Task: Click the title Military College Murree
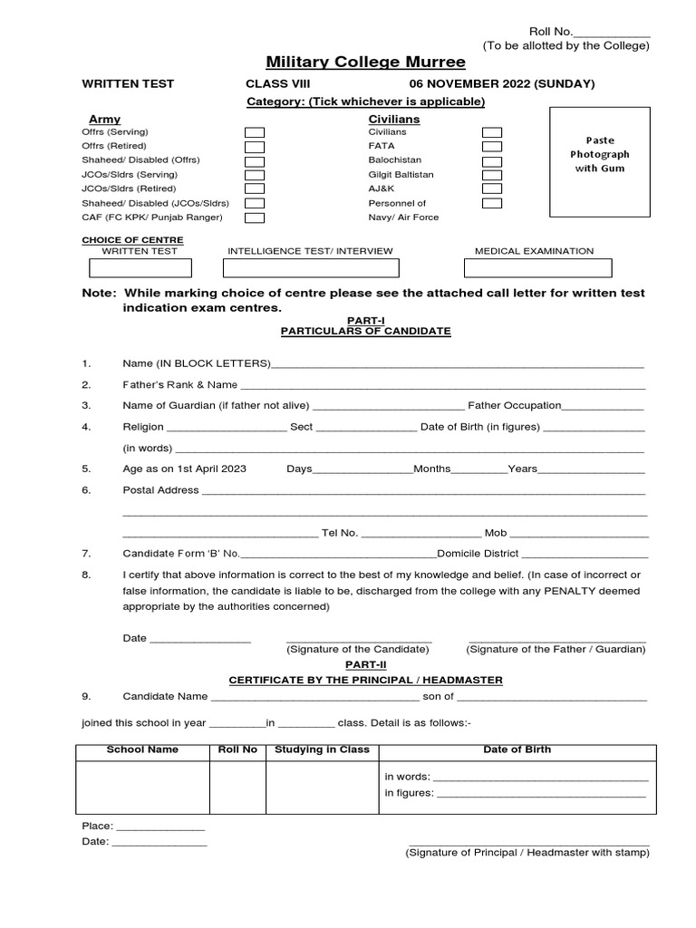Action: pos(365,63)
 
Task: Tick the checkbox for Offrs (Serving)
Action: pos(255,132)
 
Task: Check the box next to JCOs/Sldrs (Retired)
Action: pos(255,188)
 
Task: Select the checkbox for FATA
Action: pos(492,146)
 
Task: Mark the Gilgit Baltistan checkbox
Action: pos(492,174)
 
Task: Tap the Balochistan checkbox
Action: pos(492,160)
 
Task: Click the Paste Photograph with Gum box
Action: pos(599,161)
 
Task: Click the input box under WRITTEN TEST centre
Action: pos(140,268)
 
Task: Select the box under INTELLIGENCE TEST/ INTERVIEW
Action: pos(311,268)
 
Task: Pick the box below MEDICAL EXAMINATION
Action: pos(537,268)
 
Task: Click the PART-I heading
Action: pos(365,321)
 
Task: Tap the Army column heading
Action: pos(104,119)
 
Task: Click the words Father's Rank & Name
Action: pos(180,384)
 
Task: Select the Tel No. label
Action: pos(340,533)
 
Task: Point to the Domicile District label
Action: pos(478,553)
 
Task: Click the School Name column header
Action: pos(142,750)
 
